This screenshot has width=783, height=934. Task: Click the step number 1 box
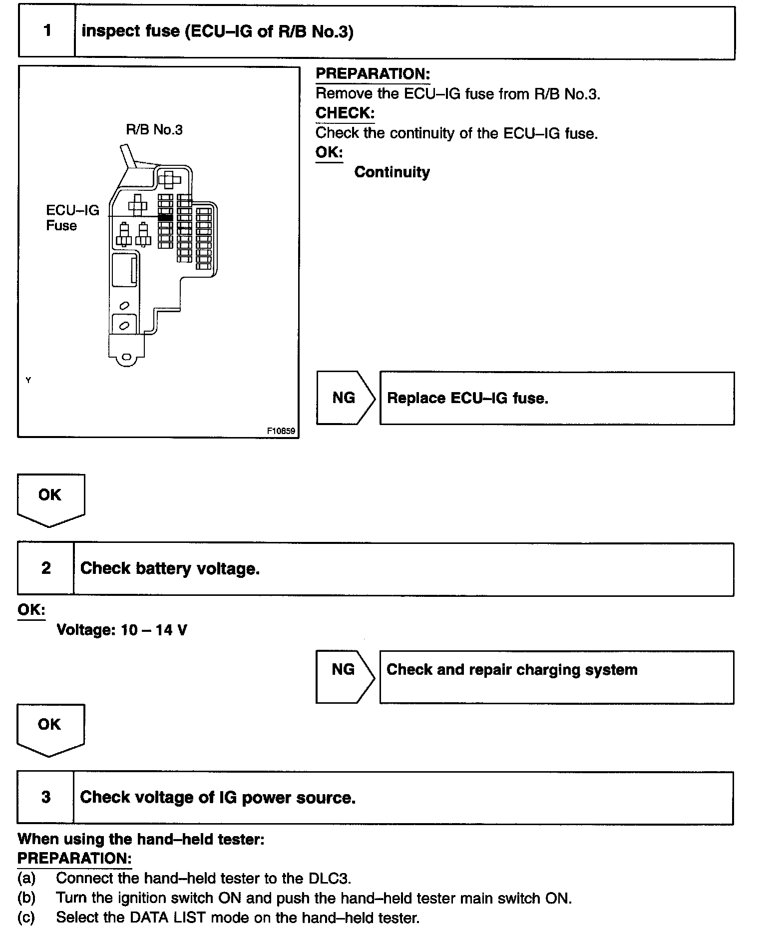coord(47,31)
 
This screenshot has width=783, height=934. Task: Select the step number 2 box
coord(46,568)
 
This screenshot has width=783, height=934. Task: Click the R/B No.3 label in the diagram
coord(154,130)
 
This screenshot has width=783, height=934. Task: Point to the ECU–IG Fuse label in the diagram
coord(72,218)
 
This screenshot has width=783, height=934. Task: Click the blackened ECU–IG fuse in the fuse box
coord(165,217)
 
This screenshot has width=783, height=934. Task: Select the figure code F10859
coord(281,431)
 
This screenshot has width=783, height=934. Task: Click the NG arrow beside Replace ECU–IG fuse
coord(344,398)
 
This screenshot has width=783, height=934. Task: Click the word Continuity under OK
coord(392,172)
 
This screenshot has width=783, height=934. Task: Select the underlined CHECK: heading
coord(345,113)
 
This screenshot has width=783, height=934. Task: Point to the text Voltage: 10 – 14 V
coord(122,630)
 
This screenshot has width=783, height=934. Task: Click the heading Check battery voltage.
coord(170,568)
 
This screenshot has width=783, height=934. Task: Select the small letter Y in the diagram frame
coord(28,380)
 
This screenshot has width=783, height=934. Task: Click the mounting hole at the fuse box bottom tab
coord(127,357)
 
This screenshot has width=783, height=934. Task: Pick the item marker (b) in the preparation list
coord(26,898)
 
